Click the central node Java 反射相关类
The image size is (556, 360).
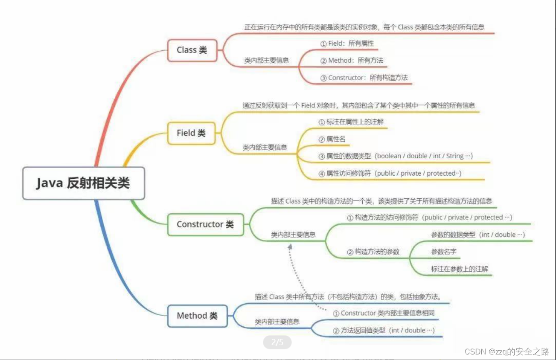tap(83, 183)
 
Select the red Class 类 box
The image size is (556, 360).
tap(192, 50)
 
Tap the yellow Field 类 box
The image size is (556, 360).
tap(191, 133)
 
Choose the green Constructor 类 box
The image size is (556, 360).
tap(205, 224)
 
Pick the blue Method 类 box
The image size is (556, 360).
tap(197, 316)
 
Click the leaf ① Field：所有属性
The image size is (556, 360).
tap(347, 43)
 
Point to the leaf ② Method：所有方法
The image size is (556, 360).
tap(352, 61)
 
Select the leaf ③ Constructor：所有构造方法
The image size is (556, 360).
tap(364, 78)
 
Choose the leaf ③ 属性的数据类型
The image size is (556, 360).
tap(396, 156)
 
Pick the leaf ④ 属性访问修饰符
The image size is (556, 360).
tap(390, 173)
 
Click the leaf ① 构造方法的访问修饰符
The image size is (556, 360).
tap(429, 218)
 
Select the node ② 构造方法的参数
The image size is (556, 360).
tap(373, 252)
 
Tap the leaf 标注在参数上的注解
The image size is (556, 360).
tap(460, 269)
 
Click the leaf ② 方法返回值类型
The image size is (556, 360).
tap(384, 330)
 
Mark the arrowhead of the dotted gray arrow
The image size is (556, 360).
tap(291, 247)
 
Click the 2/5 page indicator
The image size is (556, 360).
tap(277, 342)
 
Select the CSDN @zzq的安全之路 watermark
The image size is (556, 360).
tap(507, 352)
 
